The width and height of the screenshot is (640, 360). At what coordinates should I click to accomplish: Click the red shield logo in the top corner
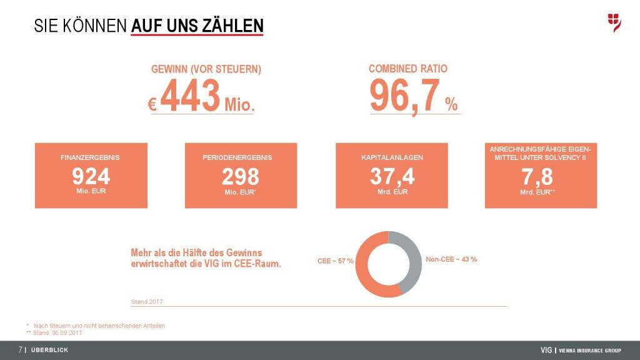coord(614,22)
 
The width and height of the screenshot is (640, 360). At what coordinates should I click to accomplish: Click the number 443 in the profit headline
coord(190,96)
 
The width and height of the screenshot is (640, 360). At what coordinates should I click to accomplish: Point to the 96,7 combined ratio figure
coord(404,96)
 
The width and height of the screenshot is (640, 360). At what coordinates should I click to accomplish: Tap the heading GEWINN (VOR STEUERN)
coord(206,69)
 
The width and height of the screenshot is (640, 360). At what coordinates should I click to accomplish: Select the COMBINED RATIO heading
coord(408,69)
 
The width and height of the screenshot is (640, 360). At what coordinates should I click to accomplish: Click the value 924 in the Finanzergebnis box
coord(91,176)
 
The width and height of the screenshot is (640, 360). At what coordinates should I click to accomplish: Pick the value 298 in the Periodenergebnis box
coord(241,176)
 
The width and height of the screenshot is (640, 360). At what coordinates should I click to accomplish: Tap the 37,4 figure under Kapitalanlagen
coord(392,176)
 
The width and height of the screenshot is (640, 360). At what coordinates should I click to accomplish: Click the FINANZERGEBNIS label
coord(91,157)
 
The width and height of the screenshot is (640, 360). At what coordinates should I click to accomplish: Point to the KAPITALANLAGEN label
coord(392,157)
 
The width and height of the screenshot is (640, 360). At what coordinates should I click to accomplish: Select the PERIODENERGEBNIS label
coord(241,157)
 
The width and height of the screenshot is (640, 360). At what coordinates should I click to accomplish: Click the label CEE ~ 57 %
coord(336,260)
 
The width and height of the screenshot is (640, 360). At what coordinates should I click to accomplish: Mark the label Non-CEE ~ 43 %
coord(451,259)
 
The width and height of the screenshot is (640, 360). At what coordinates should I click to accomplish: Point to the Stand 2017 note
coord(147,302)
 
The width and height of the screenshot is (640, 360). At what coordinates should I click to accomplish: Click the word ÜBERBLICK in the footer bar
coord(49,350)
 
